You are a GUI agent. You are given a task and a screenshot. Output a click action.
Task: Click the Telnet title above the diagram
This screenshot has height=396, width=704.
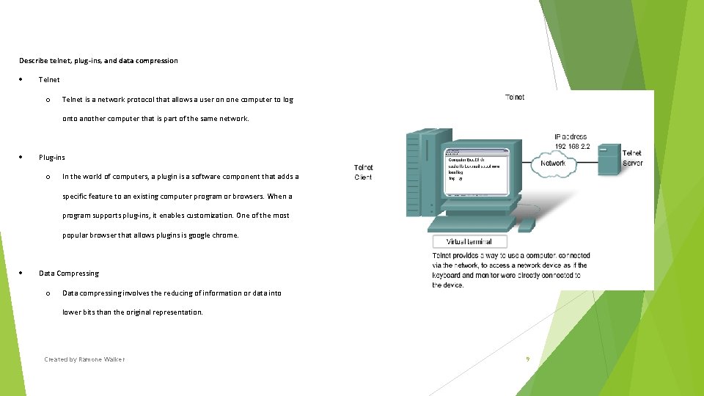(x=514, y=97)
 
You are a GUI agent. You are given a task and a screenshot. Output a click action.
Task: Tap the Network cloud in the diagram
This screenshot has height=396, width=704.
(x=553, y=163)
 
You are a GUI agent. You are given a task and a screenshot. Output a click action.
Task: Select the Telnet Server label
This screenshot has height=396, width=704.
(x=631, y=158)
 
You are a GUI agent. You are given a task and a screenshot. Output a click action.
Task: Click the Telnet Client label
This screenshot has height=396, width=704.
(x=363, y=172)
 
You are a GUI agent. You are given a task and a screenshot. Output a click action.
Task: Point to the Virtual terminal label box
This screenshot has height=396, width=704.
(x=469, y=241)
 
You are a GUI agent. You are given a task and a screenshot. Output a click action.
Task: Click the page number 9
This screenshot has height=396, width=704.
(x=527, y=359)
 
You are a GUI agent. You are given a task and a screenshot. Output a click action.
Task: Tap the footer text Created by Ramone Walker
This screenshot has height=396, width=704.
(x=84, y=359)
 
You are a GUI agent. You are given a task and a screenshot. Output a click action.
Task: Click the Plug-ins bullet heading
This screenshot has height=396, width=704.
(x=51, y=158)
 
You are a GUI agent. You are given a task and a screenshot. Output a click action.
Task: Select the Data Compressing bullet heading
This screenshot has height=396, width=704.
(x=68, y=274)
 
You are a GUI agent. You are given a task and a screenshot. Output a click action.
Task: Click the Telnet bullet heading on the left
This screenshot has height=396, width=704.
(x=49, y=80)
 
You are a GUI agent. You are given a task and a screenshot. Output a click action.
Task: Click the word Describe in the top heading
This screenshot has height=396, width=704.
(x=33, y=61)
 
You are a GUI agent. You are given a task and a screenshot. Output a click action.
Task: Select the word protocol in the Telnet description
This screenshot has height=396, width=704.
(x=140, y=100)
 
